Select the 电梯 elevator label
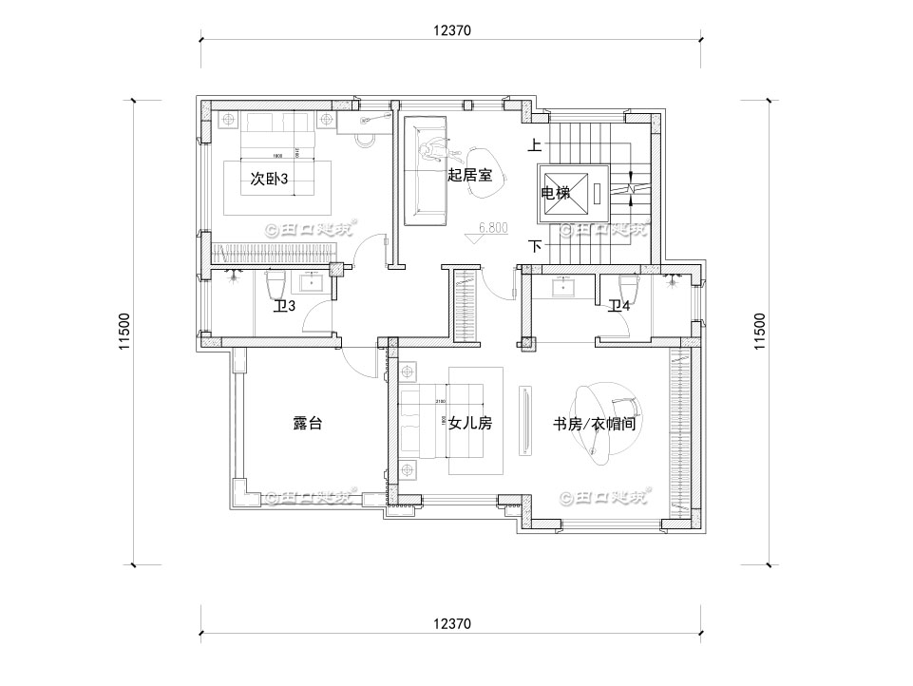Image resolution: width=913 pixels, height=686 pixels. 556,193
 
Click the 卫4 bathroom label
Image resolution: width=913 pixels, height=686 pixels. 619,305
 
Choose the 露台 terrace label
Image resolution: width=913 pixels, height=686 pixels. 307,424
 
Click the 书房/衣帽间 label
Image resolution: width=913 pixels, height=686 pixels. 594,424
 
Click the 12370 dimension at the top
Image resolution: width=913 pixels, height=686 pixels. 452,29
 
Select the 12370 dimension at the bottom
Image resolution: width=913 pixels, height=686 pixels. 452,623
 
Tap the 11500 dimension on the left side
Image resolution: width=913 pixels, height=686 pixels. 124,333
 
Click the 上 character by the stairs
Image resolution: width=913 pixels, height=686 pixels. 535,145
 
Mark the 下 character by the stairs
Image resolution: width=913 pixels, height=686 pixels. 535,246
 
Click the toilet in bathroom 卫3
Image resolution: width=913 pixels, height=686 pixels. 276,284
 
